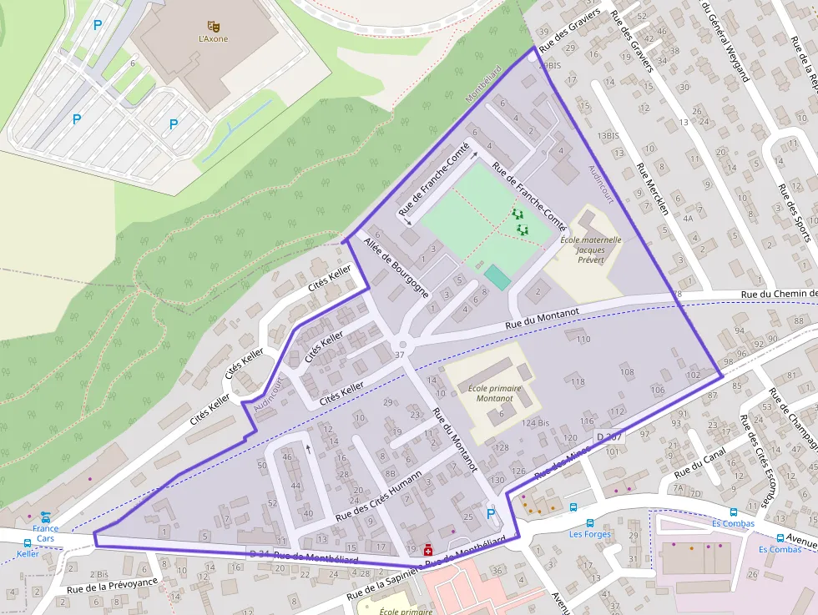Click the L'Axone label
[x=213, y=38]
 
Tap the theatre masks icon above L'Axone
[x=213, y=26]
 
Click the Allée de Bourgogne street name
[x=396, y=268]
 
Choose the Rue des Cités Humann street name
[x=378, y=496]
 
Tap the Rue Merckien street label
[x=652, y=189]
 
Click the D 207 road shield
[x=609, y=437]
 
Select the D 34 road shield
[x=259, y=554]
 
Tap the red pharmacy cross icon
[x=428, y=550]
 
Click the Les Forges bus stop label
[x=590, y=534]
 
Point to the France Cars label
[x=45, y=533]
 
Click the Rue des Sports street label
[x=793, y=211]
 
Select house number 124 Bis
[x=535, y=423]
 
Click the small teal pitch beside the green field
[x=497, y=277]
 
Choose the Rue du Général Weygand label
[x=725, y=40]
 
